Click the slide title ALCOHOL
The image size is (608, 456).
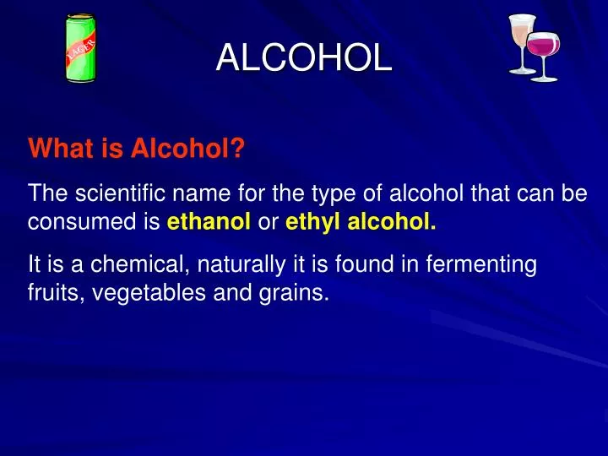[x=304, y=57]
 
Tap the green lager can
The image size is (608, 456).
[x=81, y=49]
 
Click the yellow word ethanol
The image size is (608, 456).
[x=209, y=223]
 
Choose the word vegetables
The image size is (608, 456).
[x=139, y=294]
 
